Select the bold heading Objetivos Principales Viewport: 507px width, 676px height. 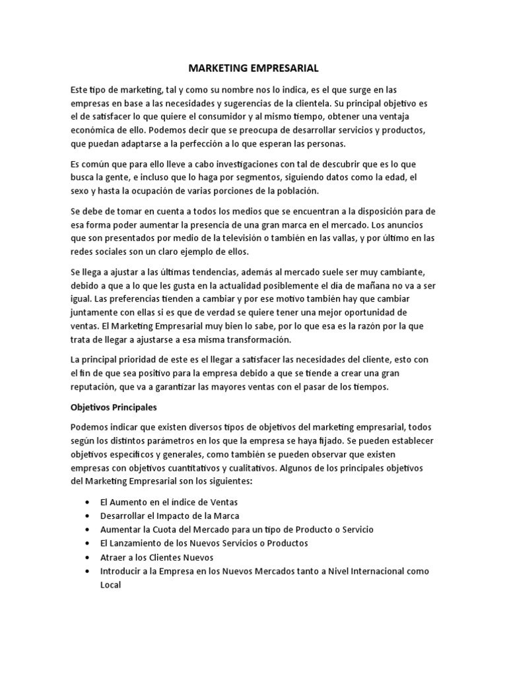[x=113, y=407]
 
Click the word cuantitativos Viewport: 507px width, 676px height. [x=193, y=467]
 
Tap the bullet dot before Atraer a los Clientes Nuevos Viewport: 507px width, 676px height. [x=87, y=557]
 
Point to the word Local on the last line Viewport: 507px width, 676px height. [x=110, y=584]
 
